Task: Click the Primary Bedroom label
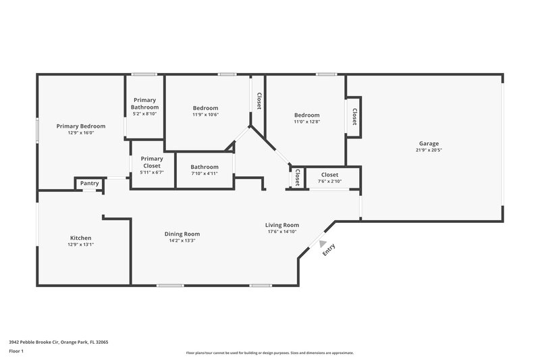coord(81,126)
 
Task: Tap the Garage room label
coord(429,143)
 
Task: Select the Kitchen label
coord(81,238)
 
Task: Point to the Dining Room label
coord(182,234)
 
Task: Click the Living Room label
coord(282,225)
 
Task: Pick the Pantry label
coord(90,183)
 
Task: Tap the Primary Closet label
coord(151,162)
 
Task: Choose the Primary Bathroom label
coord(144,104)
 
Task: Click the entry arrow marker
coord(323,245)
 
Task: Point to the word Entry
coord(329,249)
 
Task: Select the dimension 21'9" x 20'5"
coord(429,151)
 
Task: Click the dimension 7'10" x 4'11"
coord(205,174)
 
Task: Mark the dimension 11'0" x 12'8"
coord(306,122)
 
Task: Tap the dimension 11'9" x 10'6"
coord(206,115)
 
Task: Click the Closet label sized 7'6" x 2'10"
coord(329,175)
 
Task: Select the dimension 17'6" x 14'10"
coord(282,232)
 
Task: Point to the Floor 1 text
coord(16,351)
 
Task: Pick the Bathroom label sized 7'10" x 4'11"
coord(205,167)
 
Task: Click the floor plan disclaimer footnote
coord(269,353)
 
